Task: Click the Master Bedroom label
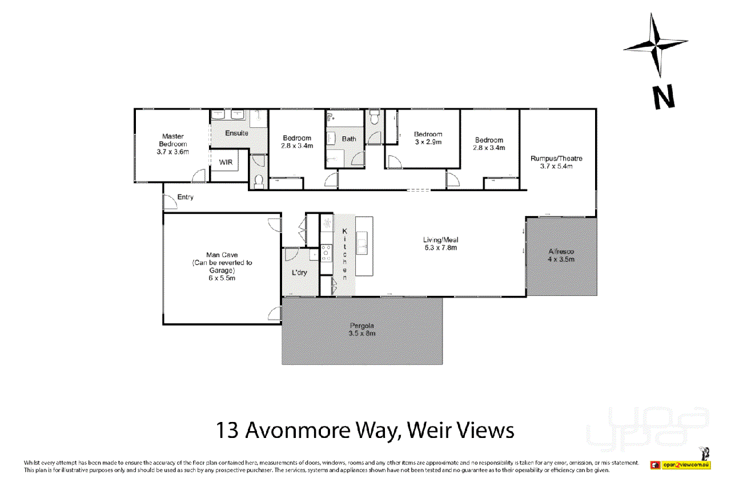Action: click(172, 140)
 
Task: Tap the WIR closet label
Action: click(226, 163)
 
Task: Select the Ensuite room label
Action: click(236, 133)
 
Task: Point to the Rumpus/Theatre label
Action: click(556, 159)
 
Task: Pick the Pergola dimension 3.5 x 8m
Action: click(362, 334)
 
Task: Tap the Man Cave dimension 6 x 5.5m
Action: click(222, 278)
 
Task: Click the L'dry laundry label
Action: click(299, 273)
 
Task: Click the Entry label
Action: click(185, 197)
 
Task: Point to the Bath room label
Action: click(348, 139)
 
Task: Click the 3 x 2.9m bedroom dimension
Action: click(428, 142)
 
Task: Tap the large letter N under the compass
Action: click(664, 97)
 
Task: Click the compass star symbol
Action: click(655, 44)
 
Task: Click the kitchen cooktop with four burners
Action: click(326, 251)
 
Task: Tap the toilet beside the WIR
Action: click(258, 181)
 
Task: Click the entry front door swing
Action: click(170, 201)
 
